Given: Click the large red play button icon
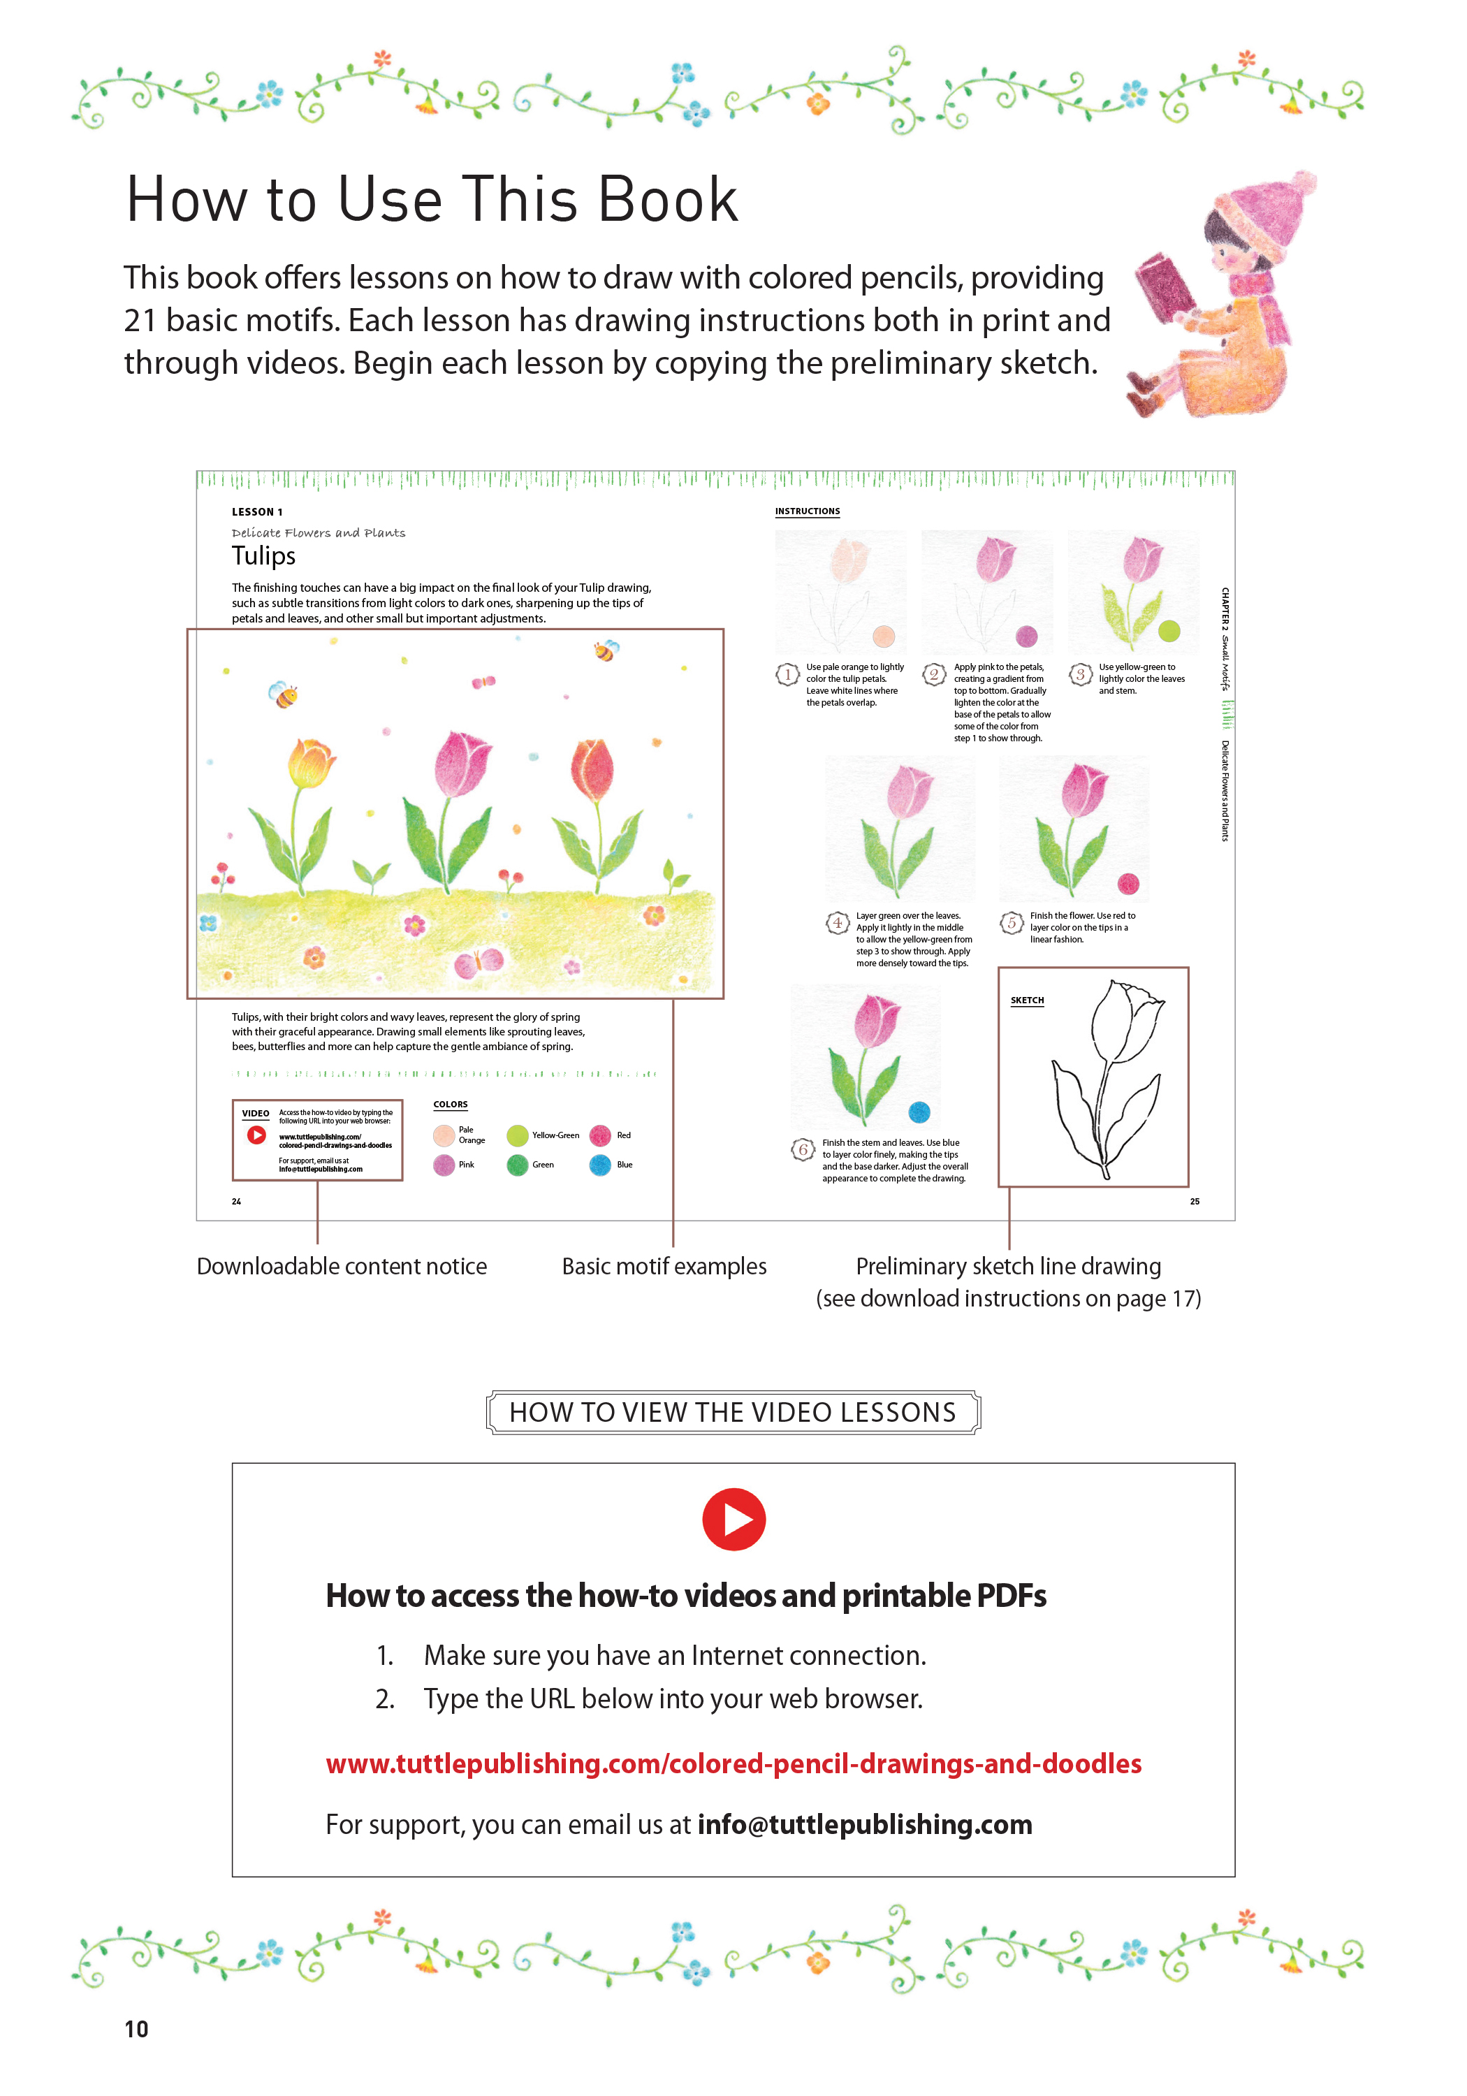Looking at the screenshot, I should (x=733, y=1519).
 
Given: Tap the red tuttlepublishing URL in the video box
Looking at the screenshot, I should (x=733, y=1763).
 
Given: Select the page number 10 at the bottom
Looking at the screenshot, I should (x=136, y=2028).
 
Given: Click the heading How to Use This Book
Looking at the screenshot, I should (x=432, y=199).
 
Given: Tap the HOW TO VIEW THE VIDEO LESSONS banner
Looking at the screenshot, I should (x=732, y=1412).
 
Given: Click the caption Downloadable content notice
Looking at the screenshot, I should (x=342, y=1266).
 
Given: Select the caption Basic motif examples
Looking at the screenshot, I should (x=664, y=1266).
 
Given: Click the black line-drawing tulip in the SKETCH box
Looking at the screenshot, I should (x=1107, y=1077).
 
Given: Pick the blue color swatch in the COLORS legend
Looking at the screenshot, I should (x=600, y=1165).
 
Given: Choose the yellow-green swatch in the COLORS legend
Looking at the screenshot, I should (x=518, y=1135).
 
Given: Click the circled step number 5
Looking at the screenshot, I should (x=1012, y=922).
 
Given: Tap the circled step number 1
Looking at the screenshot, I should (x=787, y=675).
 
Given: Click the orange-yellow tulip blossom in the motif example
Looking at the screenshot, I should (x=309, y=762).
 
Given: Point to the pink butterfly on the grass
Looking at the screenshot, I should (x=479, y=962).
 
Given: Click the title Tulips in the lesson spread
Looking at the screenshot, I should (x=264, y=556).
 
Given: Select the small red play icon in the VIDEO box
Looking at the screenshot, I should (x=256, y=1135).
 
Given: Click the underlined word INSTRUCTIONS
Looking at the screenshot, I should (x=807, y=511).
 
